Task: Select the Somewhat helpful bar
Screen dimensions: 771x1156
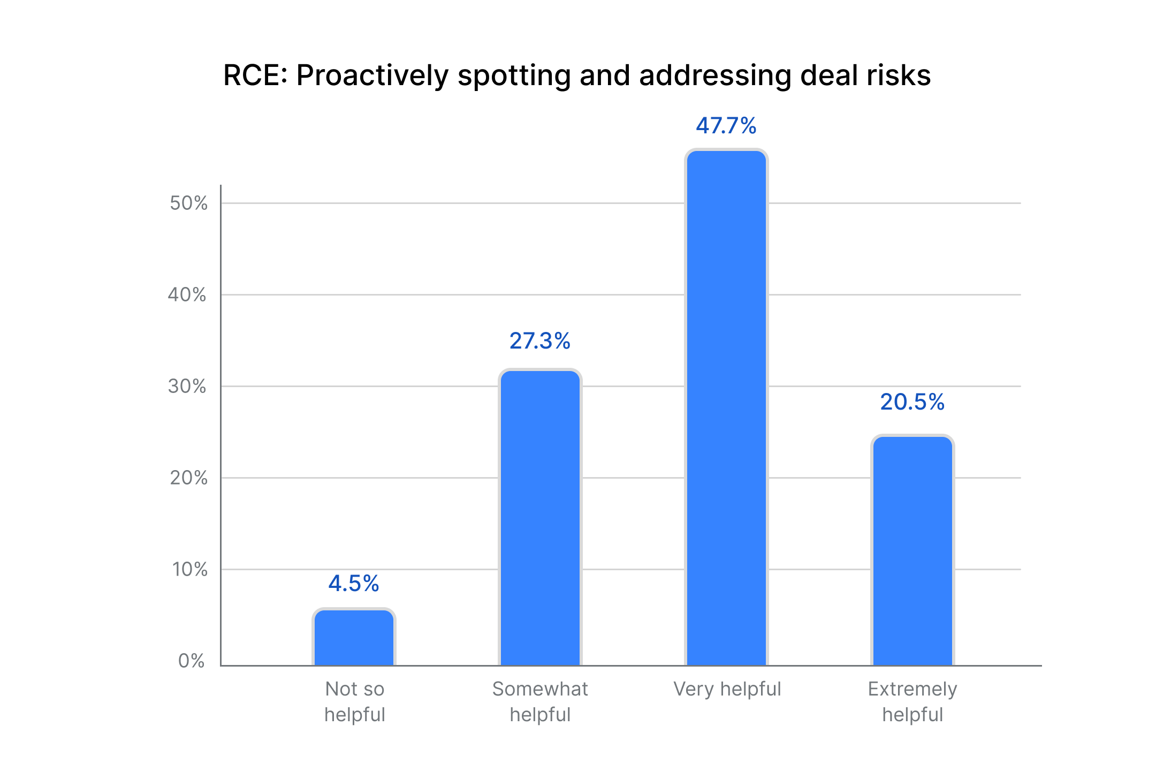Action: [x=540, y=518]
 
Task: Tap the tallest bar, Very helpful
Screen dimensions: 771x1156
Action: [x=726, y=408]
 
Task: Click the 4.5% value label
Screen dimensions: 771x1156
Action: [x=354, y=583]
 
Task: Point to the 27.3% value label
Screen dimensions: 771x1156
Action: [x=540, y=341]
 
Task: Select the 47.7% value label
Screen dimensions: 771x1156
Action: [x=726, y=126]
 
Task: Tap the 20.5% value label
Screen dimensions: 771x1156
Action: [x=912, y=402]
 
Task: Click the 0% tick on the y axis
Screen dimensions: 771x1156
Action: [x=191, y=661]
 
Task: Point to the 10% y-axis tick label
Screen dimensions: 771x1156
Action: [x=189, y=569]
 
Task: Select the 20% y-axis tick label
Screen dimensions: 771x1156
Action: [x=188, y=478]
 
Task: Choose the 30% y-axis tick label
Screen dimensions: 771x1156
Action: [x=187, y=386]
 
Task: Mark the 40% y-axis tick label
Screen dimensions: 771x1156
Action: [x=187, y=294]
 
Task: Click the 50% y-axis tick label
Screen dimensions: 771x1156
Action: [x=188, y=203]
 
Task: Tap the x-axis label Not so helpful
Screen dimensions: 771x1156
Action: [x=355, y=701]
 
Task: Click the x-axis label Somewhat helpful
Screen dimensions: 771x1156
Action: [x=540, y=701]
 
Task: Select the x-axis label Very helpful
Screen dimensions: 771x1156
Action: [x=727, y=689]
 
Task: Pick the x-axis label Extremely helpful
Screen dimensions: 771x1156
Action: [x=912, y=701]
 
